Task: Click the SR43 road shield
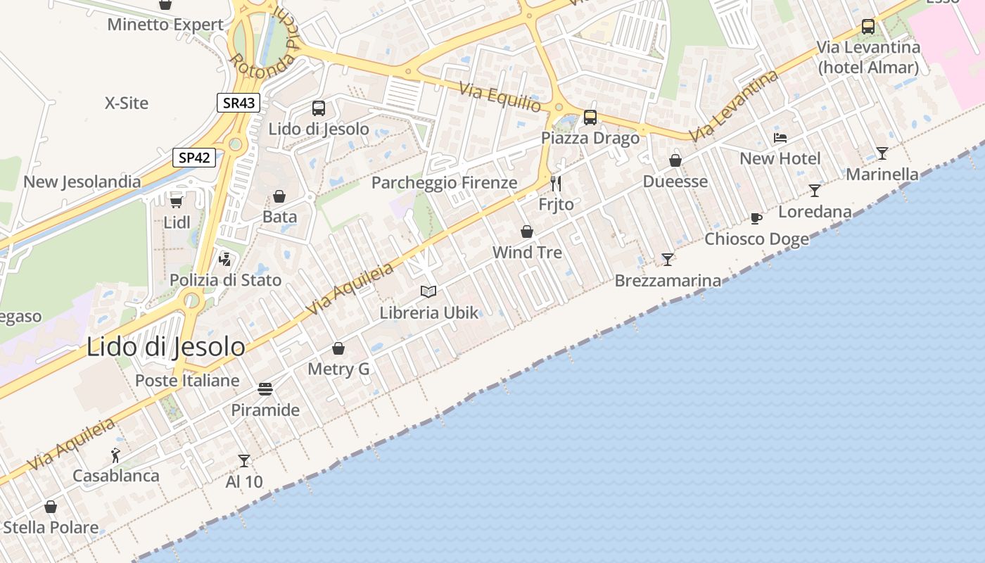pyautogui.click(x=239, y=103)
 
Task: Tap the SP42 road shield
pyautogui.click(x=194, y=158)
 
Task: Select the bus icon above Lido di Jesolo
pyautogui.click(x=319, y=108)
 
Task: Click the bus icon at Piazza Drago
pyautogui.click(x=590, y=118)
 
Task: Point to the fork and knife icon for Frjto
pyautogui.click(x=556, y=184)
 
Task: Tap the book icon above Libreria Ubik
pyautogui.click(x=428, y=291)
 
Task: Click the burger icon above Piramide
pyautogui.click(x=265, y=389)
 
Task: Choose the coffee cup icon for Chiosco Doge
pyautogui.click(x=756, y=218)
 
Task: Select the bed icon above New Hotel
pyautogui.click(x=780, y=137)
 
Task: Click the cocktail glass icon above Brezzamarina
pyautogui.click(x=668, y=260)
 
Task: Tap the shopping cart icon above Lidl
pyautogui.click(x=177, y=201)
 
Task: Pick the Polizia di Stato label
pyautogui.click(x=225, y=280)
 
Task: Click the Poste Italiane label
pyautogui.click(x=187, y=381)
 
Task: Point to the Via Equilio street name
pyautogui.click(x=500, y=97)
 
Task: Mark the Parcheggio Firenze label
pyautogui.click(x=444, y=183)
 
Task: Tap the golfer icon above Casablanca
pyautogui.click(x=116, y=455)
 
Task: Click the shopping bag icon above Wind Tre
pyautogui.click(x=527, y=232)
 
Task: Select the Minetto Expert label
pyautogui.click(x=165, y=25)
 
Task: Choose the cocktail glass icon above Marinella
pyautogui.click(x=882, y=153)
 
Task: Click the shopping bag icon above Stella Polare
pyautogui.click(x=51, y=507)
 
